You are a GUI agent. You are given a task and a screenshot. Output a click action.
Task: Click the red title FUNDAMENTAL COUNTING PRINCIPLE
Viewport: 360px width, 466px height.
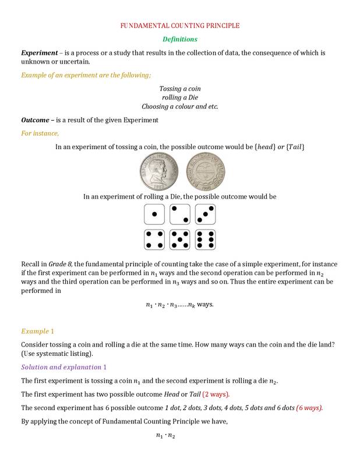point(179,26)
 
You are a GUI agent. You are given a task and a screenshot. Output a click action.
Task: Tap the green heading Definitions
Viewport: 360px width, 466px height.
point(179,39)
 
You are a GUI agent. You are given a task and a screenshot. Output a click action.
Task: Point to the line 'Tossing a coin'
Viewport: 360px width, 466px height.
point(180,89)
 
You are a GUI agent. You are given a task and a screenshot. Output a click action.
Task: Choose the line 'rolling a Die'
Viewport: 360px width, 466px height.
point(180,98)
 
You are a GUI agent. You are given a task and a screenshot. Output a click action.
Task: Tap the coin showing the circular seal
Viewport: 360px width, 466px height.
point(204,172)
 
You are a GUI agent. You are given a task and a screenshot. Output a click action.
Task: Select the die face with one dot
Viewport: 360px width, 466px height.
point(154,214)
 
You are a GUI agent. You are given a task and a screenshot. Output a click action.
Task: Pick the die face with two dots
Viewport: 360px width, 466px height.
point(180,214)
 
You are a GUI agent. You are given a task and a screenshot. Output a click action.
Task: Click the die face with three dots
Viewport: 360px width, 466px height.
point(205,214)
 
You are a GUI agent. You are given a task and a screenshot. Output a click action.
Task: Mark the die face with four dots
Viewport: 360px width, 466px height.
point(154,239)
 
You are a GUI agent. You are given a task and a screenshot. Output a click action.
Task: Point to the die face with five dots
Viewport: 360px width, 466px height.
point(180,239)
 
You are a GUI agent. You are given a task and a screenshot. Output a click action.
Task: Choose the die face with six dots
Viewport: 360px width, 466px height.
point(205,239)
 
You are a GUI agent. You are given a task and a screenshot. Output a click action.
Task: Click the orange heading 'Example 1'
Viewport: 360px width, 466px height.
point(37,331)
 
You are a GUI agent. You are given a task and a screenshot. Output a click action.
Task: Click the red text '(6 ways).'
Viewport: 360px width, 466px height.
point(309,407)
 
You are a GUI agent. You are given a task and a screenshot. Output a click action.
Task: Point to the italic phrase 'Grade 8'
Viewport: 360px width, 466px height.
point(60,264)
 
